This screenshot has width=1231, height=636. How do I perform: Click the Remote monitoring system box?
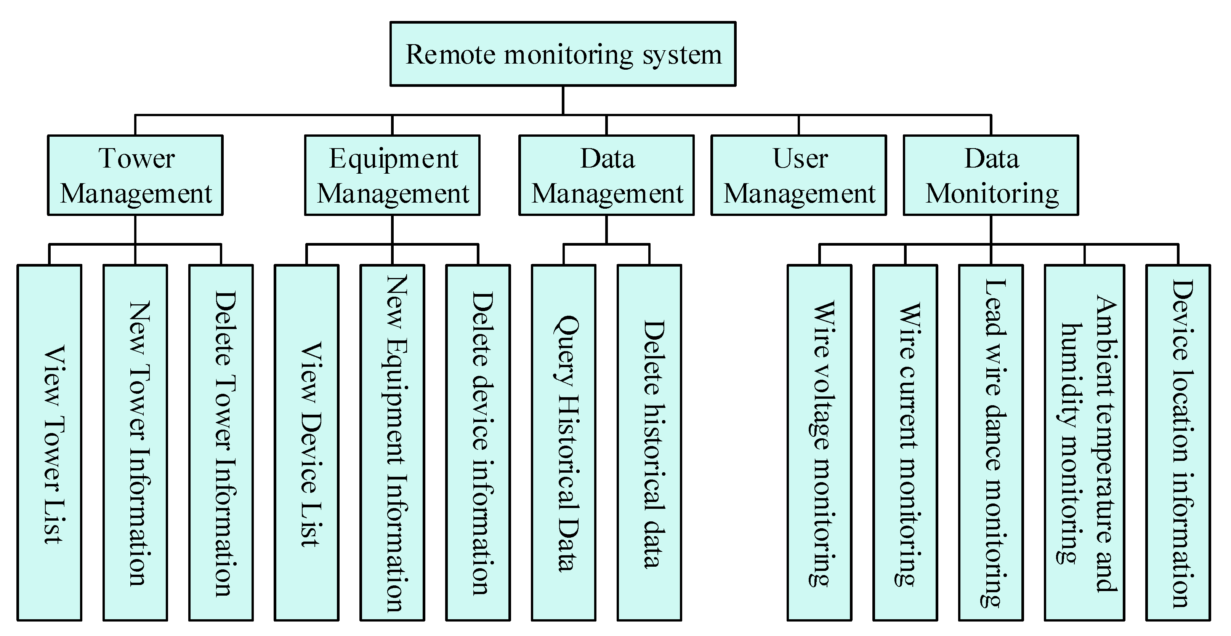tap(563, 54)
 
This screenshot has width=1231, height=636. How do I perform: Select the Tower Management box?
tap(135, 175)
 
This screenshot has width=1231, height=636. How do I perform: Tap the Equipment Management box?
tap(392, 175)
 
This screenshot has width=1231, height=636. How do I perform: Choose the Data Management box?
tap(606, 175)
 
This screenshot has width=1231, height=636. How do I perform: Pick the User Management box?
tap(798, 175)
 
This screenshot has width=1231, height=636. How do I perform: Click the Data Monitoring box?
tap(991, 175)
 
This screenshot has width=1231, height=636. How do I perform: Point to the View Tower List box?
tap(49, 443)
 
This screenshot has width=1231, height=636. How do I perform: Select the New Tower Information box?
tap(135, 443)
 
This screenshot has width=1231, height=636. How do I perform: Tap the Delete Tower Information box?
tap(221, 443)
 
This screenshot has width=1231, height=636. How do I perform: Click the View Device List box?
tap(306, 443)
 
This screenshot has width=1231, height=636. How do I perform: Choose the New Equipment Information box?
tap(392, 443)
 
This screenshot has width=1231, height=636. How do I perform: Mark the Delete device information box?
tap(478, 443)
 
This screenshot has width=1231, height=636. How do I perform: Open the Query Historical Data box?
tap(563, 443)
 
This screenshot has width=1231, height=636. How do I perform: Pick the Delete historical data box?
tap(649, 443)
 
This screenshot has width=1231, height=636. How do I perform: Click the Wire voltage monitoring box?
tap(819, 443)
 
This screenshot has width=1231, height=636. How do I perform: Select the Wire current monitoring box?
tap(905, 443)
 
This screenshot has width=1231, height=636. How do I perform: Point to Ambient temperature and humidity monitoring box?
tap(1084, 443)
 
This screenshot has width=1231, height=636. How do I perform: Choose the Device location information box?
tap(1178, 443)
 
